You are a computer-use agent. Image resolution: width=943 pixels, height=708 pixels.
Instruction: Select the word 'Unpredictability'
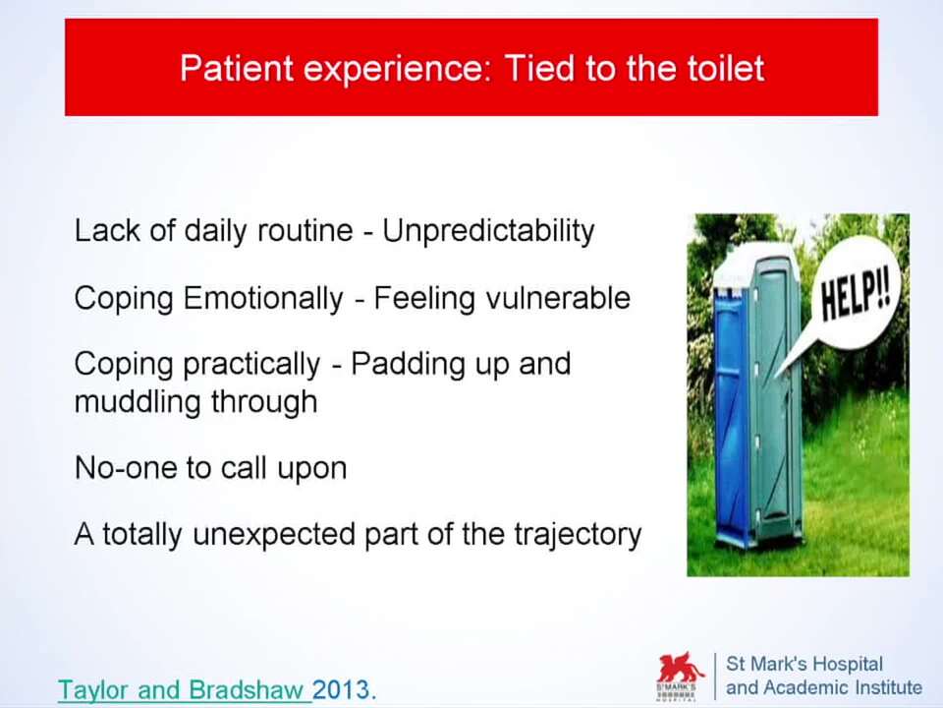point(488,230)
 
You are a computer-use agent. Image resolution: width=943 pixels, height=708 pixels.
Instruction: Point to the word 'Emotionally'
point(263,298)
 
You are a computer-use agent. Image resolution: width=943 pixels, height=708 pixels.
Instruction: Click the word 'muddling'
point(138,401)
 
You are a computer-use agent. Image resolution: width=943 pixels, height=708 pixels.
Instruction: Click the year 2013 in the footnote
point(344,689)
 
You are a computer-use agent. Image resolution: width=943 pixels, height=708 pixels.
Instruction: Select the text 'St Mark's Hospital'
point(804,664)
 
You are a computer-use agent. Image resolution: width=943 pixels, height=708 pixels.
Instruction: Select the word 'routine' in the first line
point(305,230)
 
